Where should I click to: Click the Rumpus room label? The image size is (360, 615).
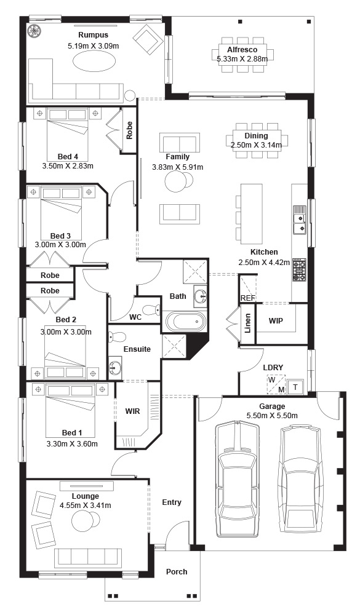click(93, 35)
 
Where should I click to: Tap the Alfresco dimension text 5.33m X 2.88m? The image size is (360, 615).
click(242, 59)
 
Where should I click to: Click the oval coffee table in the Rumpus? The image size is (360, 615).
click(94, 61)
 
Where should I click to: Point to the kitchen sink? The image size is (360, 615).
click(300, 222)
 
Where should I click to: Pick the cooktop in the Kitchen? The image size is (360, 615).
click(299, 269)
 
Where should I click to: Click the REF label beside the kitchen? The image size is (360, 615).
click(248, 298)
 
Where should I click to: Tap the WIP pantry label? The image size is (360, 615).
click(276, 320)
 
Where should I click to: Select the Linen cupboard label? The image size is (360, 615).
click(247, 323)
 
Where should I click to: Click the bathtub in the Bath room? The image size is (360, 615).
click(185, 322)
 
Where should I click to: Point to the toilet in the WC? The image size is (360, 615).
click(150, 310)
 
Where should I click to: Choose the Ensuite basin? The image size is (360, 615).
click(116, 368)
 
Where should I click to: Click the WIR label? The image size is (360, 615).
click(132, 411)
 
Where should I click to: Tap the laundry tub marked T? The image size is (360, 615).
click(295, 387)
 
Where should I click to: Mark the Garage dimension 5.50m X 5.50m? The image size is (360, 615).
click(271, 416)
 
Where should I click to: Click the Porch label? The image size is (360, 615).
click(177, 571)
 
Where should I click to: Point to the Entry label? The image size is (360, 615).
click(172, 502)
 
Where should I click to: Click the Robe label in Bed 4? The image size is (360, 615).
click(129, 130)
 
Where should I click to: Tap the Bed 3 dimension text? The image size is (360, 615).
click(60, 244)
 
